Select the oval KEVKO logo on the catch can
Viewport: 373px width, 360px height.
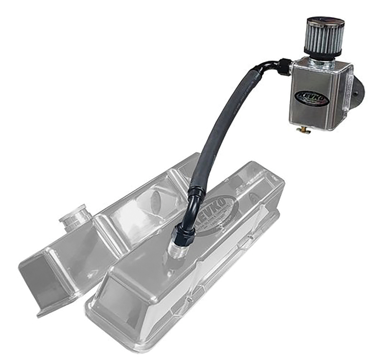coord(311,98)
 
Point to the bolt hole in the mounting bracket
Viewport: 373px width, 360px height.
coord(357,93)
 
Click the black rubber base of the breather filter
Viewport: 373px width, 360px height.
coord(323,53)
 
